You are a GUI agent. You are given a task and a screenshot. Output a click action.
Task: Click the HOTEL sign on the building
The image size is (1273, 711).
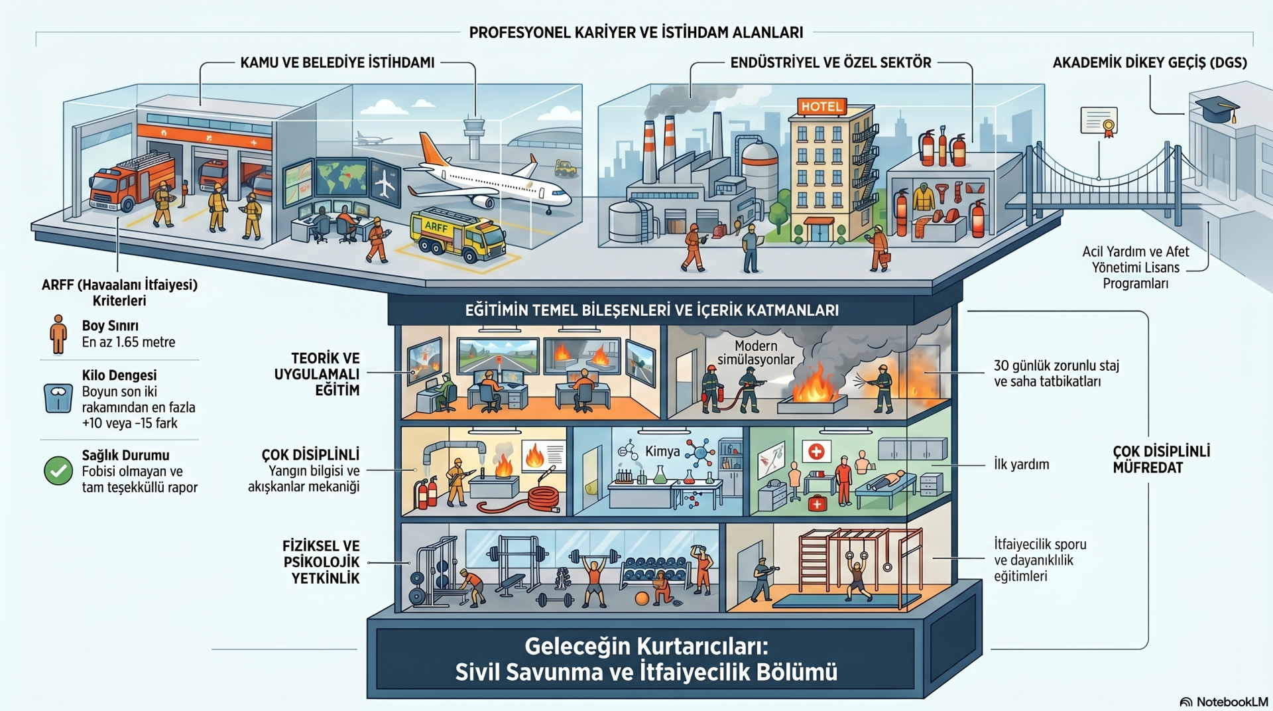(821, 106)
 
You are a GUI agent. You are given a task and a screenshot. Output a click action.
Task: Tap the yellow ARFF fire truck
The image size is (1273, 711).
(457, 235)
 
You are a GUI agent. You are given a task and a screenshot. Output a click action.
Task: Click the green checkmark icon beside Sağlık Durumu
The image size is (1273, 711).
(58, 471)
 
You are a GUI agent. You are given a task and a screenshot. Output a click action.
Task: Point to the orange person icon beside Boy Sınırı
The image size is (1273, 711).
(58, 334)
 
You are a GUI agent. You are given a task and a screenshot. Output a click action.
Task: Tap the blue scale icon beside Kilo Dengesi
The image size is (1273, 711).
(58, 398)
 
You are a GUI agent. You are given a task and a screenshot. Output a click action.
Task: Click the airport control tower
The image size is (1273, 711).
(474, 136)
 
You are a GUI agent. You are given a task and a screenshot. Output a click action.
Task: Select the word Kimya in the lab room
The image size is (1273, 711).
(662, 452)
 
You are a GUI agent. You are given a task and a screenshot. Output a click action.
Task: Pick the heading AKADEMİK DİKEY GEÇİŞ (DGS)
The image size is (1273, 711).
(1150, 63)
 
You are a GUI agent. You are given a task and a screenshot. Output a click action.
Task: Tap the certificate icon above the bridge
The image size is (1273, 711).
(1099, 121)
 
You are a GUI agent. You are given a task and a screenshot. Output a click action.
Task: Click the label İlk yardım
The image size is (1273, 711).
(1021, 464)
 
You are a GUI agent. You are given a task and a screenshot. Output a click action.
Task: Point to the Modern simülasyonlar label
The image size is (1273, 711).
(756, 353)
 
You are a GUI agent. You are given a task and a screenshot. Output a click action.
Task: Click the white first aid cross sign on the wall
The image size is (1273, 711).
(816, 452)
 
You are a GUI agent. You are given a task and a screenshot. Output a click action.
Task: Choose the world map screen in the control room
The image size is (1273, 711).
(342, 177)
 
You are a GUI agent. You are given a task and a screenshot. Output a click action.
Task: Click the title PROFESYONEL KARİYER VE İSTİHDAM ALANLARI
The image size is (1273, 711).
(636, 32)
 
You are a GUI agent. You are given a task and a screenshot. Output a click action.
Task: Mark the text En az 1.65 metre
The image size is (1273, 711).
(129, 342)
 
